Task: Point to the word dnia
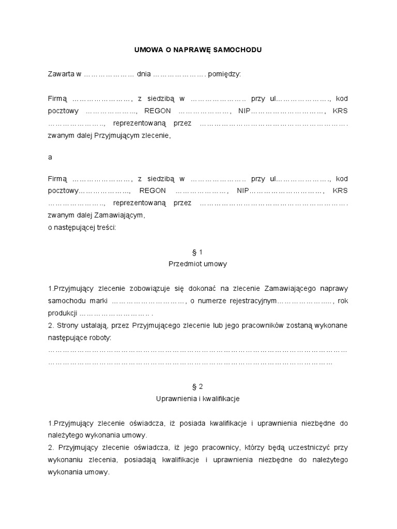[x=143, y=74]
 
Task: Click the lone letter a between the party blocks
[x=50, y=157]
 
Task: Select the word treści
[x=107, y=228]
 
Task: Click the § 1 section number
[x=198, y=252]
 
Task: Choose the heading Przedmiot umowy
[x=198, y=263]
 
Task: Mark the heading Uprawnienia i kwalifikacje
[x=198, y=399]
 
